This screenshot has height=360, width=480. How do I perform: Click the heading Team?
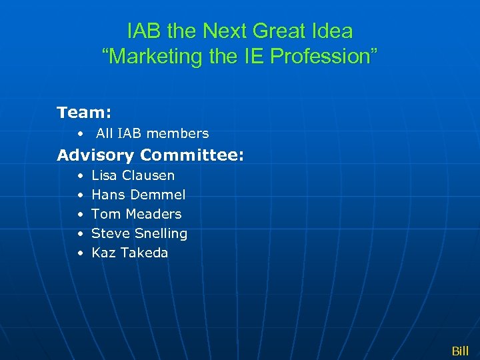[x=84, y=112]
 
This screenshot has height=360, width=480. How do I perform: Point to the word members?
[x=180, y=133]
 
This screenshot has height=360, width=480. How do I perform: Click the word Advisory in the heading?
[x=96, y=155]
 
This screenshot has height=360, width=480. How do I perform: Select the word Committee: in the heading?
[x=193, y=155]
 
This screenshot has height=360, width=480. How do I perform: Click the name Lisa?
[x=104, y=175]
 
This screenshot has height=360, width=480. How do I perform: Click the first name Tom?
[x=106, y=214]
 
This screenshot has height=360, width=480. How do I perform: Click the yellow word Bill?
[x=460, y=351]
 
